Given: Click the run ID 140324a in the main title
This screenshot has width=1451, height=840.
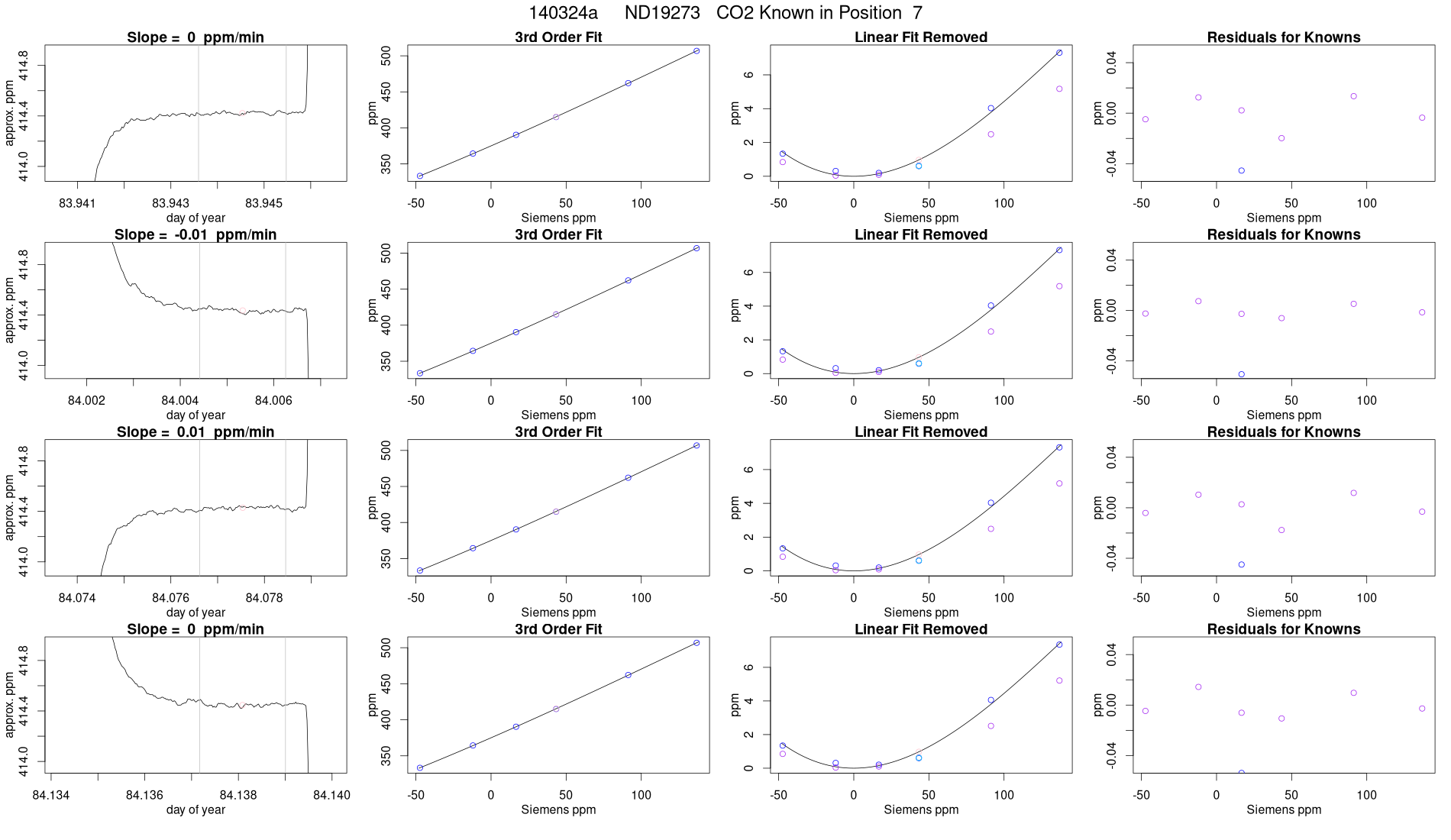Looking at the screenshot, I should [x=563, y=13].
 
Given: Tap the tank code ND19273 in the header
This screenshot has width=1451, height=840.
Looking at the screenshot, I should [x=662, y=13].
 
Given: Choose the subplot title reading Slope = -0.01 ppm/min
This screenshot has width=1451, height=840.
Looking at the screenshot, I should [x=196, y=234].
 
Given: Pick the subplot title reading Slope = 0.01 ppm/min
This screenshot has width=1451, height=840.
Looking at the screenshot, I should [x=196, y=432].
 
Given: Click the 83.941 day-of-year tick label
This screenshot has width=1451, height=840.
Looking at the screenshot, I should [x=77, y=203].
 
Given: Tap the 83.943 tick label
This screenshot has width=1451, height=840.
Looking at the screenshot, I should [x=170, y=203].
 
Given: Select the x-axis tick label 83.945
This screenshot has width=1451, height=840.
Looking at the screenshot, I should [x=263, y=203].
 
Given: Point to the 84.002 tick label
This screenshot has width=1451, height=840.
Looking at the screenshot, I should [x=87, y=400].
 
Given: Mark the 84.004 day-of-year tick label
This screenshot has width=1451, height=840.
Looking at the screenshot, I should [x=180, y=400].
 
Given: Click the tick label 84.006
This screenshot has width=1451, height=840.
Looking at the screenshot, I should [x=273, y=400].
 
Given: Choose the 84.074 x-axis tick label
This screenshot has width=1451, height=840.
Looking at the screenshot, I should [x=77, y=598].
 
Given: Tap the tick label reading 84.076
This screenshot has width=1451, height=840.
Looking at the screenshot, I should [x=170, y=598].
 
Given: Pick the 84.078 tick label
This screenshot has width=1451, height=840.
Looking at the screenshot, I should [x=264, y=598].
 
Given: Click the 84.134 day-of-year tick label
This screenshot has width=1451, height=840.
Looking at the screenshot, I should [x=51, y=795].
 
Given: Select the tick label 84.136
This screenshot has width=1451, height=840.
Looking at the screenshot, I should [x=144, y=795].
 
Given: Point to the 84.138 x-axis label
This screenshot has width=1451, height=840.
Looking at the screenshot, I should [x=238, y=795].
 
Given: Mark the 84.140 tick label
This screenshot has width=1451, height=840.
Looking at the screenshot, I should [x=331, y=795].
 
